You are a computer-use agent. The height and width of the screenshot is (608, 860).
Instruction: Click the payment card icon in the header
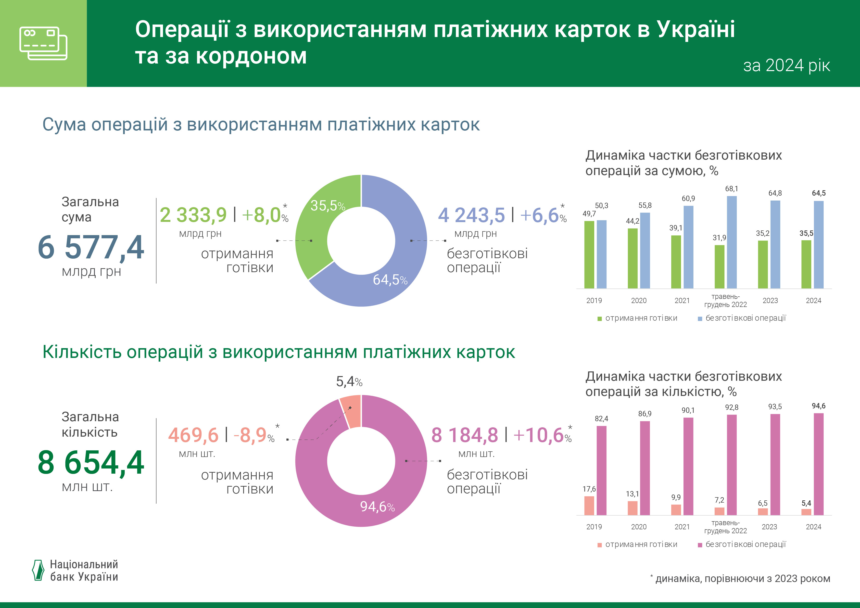click(43, 43)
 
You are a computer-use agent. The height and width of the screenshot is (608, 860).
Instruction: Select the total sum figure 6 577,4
click(91, 247)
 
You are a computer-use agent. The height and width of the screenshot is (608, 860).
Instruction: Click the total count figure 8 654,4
click(91, 463)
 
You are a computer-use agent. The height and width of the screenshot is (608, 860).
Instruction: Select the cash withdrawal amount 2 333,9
click(193, 215)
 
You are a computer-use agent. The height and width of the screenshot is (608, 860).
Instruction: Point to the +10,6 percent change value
click(538, 435)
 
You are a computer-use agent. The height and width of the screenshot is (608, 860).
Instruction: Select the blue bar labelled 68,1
click(732, 242)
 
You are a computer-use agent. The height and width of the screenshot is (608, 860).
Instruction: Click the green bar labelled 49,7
click(589, 255)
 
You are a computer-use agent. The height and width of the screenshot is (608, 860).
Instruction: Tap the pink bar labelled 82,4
click(602, 470)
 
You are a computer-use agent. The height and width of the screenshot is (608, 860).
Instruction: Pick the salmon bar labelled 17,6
click(589, 506)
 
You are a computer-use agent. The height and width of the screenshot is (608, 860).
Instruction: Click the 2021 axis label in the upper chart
click(682, 300)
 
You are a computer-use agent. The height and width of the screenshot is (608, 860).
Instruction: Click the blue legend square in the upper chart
click(700, 319)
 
